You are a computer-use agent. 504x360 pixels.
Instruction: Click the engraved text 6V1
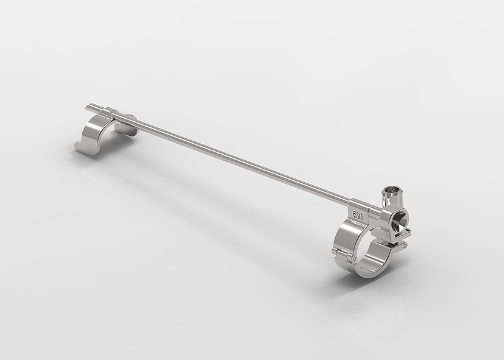[358, 214]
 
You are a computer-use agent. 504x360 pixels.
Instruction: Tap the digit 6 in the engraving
[355, 214]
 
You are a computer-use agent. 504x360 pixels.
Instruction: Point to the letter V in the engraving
[358, 215]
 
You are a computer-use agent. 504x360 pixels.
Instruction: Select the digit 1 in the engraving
[362, 216]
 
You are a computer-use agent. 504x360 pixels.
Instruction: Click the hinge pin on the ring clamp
[353, 258]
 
